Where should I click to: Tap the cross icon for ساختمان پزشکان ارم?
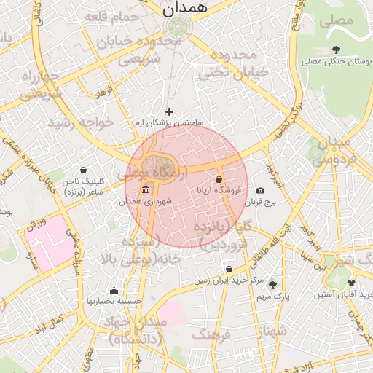[x=170, y=111]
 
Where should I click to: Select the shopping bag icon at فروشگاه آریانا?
[x=219, y=179]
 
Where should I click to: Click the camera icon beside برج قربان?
[x=260, y=191]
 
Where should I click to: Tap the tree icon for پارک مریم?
[x=272, y=285]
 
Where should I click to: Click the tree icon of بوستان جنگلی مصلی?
[x=335, y=50]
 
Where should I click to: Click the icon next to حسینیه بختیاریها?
[x=113, y=291]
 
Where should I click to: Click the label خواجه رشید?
[x=81, y=122]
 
